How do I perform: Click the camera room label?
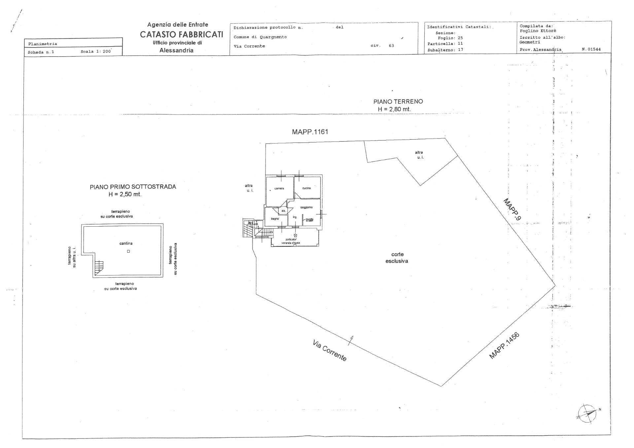click(279, 188)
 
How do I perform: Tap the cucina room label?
click(306, 188)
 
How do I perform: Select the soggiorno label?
click(306, 207)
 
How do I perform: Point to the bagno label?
click(275, 219)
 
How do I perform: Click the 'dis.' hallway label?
click(283, 211)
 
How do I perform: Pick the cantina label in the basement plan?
click(126, 243)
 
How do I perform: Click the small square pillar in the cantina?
click(128, 251)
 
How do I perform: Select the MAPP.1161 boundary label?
click(310, 132)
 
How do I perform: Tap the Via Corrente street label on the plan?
click(329, 351)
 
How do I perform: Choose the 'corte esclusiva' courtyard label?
click(397, 258)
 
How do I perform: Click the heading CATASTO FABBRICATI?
click(181, 34)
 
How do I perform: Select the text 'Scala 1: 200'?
click(96, 52)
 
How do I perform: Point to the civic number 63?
click(391, 46)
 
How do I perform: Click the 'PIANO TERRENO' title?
click(398, 102)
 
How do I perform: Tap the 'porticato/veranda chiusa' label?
click(291, 241)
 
